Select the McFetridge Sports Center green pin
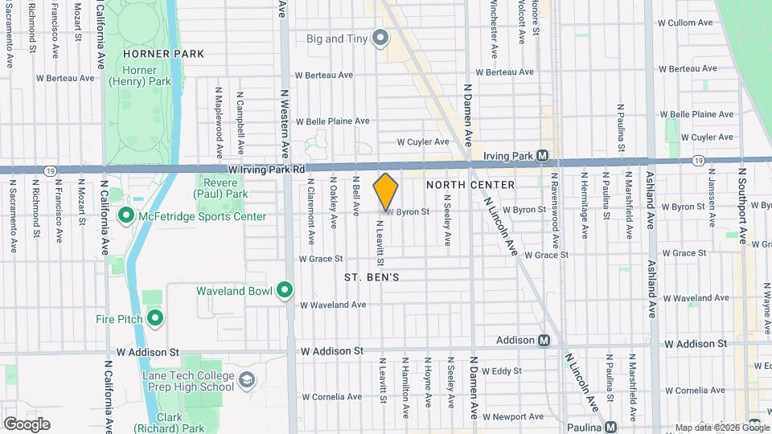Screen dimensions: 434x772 tap(125, 215)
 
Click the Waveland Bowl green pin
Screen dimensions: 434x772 tap(284, 290)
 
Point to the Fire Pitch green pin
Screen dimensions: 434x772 tap(154, 319)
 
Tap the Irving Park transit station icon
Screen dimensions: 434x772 tap(544, 155)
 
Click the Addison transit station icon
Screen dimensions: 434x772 tap(544, 340)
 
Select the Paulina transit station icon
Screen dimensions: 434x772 tap(611, 427)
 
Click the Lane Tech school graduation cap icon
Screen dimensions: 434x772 tap(246, 379)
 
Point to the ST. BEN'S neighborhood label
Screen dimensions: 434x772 tap(372, 276)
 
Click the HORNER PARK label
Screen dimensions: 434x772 tap(164, 54)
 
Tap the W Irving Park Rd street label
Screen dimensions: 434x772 tap(266, 170)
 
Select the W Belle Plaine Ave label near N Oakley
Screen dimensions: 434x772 tap(332, 121)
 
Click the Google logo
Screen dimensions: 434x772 tap(27, 424)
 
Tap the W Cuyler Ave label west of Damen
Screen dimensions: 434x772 tap(422, 141)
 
